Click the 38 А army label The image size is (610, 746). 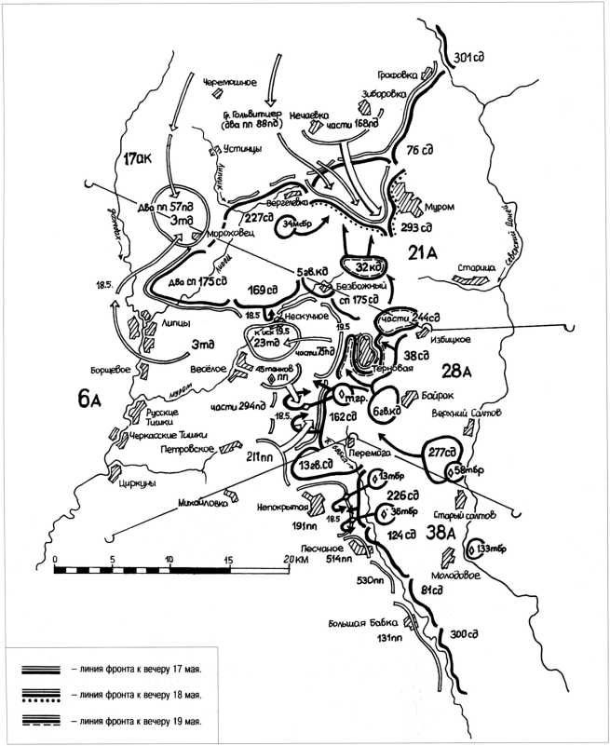[x=441, y=534]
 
